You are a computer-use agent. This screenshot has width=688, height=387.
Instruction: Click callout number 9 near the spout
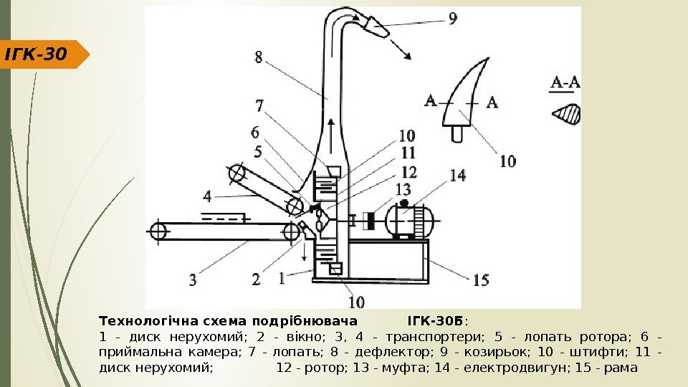(x=452, y=20)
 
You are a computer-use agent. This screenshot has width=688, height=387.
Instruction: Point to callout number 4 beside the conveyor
(x=207, y=195)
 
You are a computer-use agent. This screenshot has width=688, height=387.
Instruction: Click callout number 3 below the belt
(x=193, y=280)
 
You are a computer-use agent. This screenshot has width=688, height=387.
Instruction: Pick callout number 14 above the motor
(x=457, y=174)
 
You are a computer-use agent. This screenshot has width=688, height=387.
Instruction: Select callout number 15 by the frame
(x=480, y=280)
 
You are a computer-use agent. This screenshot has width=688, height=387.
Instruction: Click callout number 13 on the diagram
(x=403, y=188)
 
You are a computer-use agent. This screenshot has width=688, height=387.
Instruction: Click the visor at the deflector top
(x=376, y=27)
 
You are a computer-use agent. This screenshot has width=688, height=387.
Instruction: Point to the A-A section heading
(x=565, y=85)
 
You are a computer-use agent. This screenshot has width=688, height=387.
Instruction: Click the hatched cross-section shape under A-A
(x=568, y=114)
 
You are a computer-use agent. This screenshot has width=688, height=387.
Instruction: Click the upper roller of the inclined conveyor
(x=236, y=173)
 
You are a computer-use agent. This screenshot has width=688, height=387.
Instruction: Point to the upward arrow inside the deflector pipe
(x=330, y=136)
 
